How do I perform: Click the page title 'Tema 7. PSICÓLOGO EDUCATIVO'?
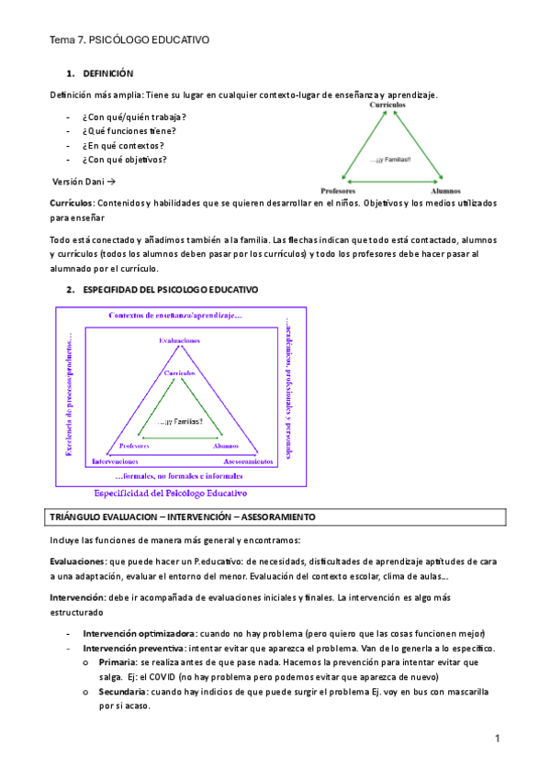coord(129,40)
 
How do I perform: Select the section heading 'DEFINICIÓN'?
coord(108,73)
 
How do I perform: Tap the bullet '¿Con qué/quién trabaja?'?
coord(134,117)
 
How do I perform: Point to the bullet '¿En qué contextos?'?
coord(123,145)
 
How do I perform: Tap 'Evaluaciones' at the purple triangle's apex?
coord(180,339)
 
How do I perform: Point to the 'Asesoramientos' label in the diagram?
coord(244,461)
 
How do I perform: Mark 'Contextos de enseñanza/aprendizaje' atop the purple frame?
coord(175,316)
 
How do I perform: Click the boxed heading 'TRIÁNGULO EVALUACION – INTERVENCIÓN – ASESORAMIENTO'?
coord(183,517)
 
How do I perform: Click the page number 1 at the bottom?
coord(496,739)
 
